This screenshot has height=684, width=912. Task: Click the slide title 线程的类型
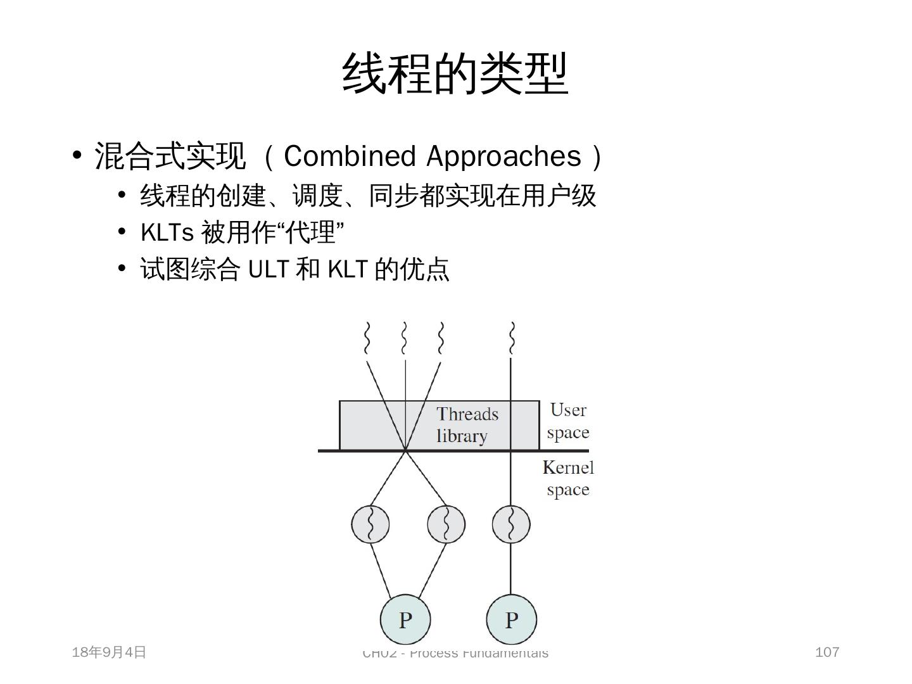(455, 74)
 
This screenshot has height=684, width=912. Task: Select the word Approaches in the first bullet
(504, 156)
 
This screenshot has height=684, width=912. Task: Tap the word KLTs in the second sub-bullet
(167, 232)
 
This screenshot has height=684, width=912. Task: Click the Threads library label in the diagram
(467, 425)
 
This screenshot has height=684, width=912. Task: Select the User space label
(568, 421)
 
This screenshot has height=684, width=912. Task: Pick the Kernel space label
(568, 478)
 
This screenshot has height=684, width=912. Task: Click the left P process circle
(405, 619)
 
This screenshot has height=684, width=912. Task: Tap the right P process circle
(511, 619)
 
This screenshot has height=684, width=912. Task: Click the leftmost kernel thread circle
(370, 524)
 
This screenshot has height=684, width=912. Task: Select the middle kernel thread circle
(446, 524)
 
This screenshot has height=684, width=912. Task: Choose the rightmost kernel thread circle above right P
(510, 524)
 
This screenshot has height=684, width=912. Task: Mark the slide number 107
(827, 652)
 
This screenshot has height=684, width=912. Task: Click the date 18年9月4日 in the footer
(110, 652)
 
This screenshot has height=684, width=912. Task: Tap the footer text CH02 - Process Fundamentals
(455, 653)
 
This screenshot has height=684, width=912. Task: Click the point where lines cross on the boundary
(405, 450)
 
